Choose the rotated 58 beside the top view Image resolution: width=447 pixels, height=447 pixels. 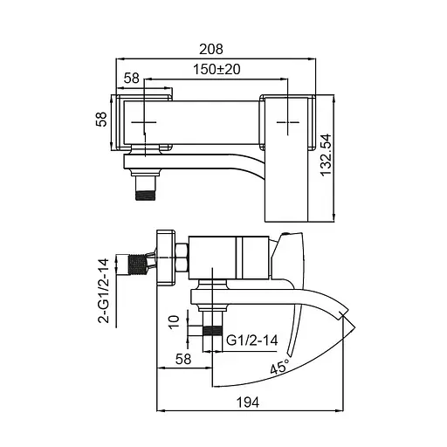pyautogui.click(x=100, y=119)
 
